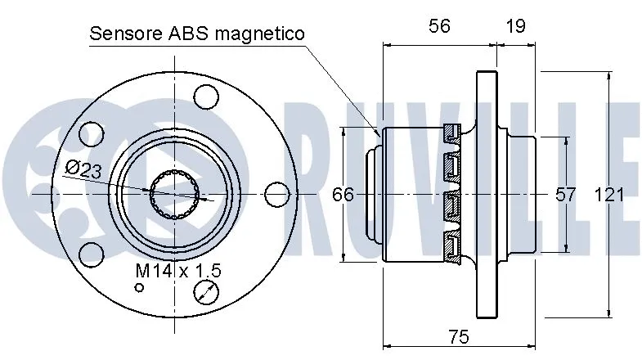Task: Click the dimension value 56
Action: (x=440, y=25)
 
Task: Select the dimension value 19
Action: (x=515, y=25)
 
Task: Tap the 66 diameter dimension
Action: (x=343, y=195)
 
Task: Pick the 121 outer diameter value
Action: (x=609, y=195)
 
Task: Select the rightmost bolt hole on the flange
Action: (x=278, y=194)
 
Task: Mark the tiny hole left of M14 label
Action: (x=140, y=287)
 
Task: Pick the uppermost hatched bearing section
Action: (x=452, y=132)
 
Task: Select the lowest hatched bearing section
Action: (x=452, y=245)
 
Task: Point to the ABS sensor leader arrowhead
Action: (x=377, y=133)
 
